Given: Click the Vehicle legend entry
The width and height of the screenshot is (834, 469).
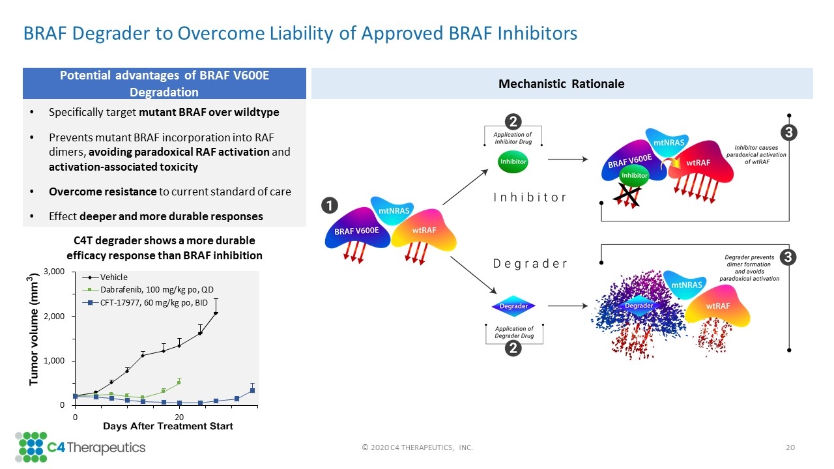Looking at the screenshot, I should coord(114,277).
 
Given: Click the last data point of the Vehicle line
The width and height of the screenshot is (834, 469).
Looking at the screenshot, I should coord(216,313).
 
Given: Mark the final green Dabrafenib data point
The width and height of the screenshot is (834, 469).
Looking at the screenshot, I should coord(179,382).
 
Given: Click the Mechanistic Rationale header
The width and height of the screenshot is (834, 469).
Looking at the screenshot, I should coord(561,84).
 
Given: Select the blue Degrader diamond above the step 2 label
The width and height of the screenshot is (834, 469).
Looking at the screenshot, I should coord(513,306).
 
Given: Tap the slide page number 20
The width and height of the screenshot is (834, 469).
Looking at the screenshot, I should coord(791,448).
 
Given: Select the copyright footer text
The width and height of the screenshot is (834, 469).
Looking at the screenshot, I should coord(417,448).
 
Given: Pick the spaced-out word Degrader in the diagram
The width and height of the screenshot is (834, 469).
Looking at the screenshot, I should coord(530,264).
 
